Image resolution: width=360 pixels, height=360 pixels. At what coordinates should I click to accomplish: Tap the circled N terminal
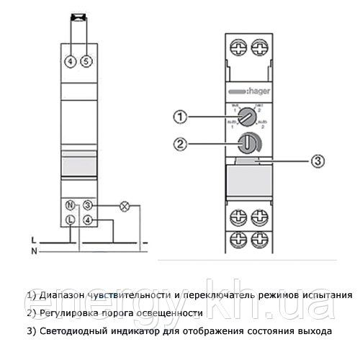(71, 205)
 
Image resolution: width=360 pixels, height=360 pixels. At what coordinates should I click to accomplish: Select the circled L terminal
(71, 220)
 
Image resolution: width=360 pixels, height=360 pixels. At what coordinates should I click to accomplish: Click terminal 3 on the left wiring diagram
(88, 205)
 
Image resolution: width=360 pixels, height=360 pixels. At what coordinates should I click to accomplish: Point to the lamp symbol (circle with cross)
(123, 205)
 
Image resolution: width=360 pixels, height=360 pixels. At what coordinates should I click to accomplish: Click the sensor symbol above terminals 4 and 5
(78, 14)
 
